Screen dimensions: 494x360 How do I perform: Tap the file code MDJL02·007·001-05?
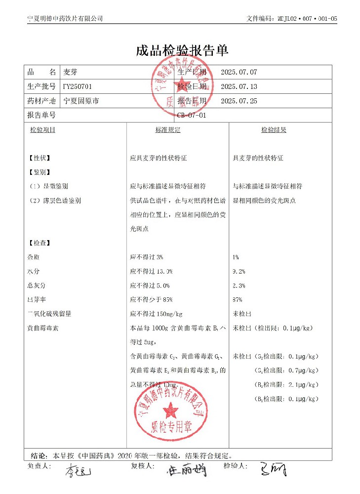tap(292, 18)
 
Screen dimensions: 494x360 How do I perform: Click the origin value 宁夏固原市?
tap(81, 101)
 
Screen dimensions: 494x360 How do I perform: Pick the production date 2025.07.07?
tap(239, 72)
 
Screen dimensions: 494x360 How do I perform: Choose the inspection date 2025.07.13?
tap(239, 86)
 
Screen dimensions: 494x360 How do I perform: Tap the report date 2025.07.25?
tap(239, 101)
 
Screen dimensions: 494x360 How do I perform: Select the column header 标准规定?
tap(168, 130)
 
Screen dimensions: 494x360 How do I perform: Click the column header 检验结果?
tap(274, 130)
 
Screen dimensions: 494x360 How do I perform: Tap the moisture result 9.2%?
tap(239, 271)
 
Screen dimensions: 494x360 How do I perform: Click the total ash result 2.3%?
tap(239, 286)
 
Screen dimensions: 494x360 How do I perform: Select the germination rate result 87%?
tap(238, 299)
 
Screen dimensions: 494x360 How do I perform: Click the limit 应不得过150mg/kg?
tap(156, 314)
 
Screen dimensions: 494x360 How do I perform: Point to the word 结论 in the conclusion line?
tap(39, 455)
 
